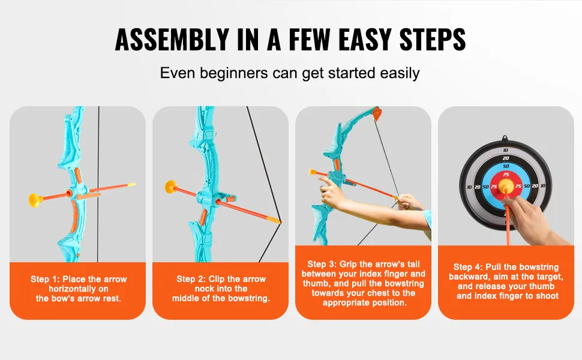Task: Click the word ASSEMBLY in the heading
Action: [x=172, y=40]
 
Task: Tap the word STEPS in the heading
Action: [x=433, y=40]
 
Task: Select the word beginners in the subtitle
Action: [x=234, y=73]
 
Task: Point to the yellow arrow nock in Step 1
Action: [x=131, y=184]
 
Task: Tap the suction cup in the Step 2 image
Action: [x=171, y=187]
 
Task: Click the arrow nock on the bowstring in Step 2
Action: [x=276, y=220]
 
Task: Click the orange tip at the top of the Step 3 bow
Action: [x=377, y=113]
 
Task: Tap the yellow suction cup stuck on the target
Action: [x=506, y=185]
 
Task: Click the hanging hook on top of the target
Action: [x=505, y=139]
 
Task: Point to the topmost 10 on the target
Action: [x=506, y=151]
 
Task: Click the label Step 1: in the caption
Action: [x=45, y=279]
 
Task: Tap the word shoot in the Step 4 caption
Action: [x=547, y=296]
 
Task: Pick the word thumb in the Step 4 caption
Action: [x=542, y=286]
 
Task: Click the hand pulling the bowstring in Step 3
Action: [x=408, y=202]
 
